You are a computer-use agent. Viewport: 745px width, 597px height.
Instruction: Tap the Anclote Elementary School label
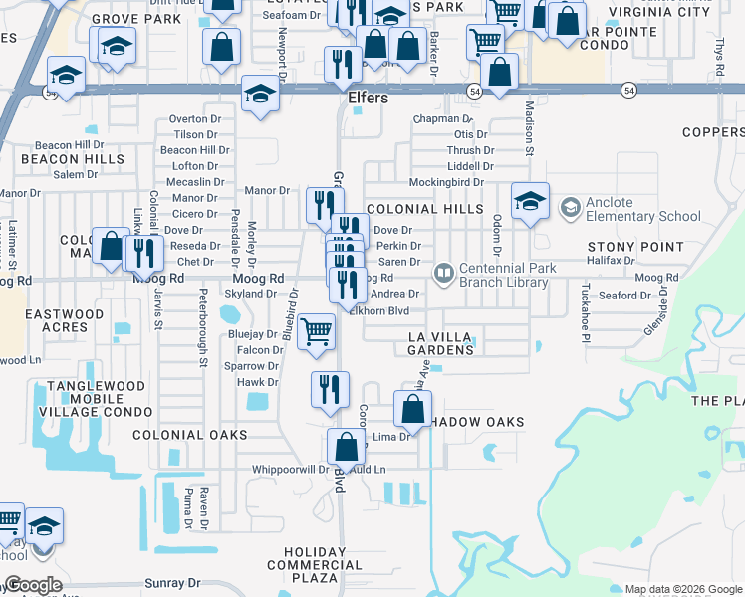[642, 209]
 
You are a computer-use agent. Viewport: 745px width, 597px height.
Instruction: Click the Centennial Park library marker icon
[444, 271]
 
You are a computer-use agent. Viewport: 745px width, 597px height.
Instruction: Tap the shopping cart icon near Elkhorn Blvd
[316, 331]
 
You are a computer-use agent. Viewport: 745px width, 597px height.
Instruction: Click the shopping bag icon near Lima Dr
[412, 408]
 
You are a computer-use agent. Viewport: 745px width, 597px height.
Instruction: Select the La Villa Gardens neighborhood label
[441, 343]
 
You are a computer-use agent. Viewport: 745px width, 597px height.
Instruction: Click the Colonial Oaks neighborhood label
[189, 435]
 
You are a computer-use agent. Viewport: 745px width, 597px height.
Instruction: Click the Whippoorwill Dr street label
[290, 469]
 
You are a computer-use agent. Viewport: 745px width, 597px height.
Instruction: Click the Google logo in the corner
[32, 585]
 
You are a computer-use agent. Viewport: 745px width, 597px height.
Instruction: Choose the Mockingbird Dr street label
[445, 182]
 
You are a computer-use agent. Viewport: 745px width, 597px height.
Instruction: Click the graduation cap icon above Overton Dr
[260, 95]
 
